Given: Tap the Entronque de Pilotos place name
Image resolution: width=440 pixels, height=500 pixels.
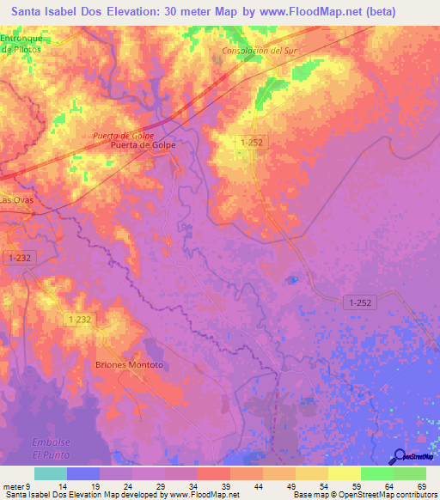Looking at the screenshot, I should tap(21, 46).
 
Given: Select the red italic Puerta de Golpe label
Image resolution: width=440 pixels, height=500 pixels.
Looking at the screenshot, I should tap(124, 136).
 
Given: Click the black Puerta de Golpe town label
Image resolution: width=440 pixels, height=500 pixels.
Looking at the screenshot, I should tap(144, 146).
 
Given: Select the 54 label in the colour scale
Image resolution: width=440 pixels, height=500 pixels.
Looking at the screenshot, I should tap(328, 486).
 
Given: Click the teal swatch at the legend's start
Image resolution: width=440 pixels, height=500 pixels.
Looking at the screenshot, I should tap(51, 473).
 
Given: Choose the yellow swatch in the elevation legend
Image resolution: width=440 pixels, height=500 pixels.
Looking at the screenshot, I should tap(345, 473).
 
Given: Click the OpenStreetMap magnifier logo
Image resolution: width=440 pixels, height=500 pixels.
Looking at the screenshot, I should tap(400, 457).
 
